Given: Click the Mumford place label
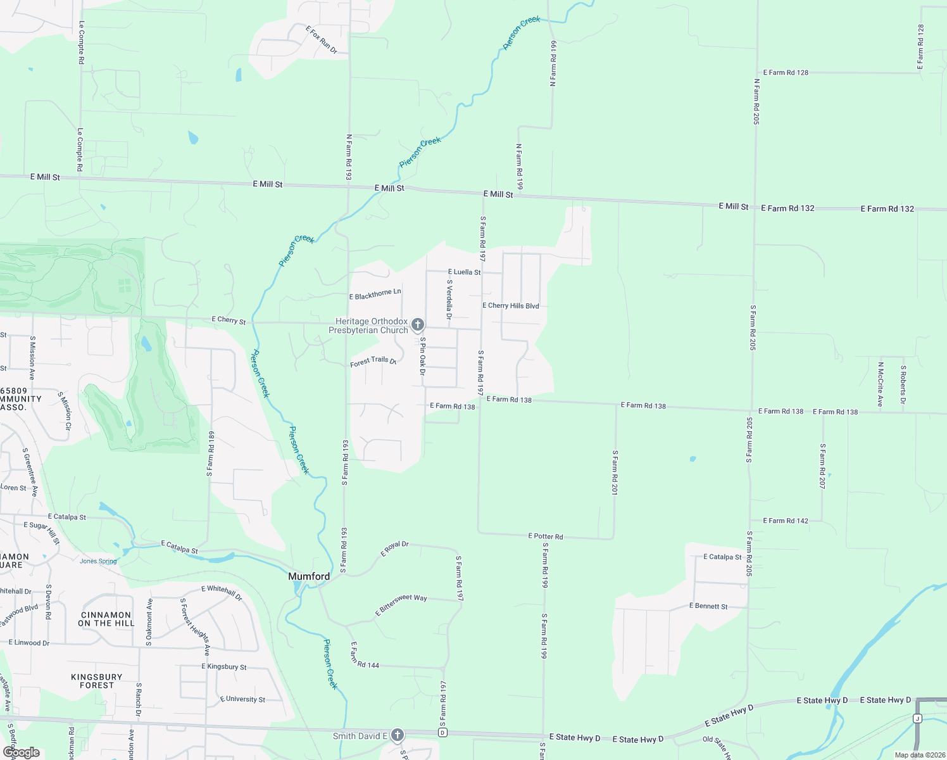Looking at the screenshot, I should pyautogui.click(x=309, y=576).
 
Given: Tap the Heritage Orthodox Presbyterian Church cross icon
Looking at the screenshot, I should pyautogui.click(x=417, y=325).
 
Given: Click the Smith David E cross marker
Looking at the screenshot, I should pyautogui.click(x=397, y=735).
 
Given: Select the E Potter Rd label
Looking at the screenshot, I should pyautogui.click(x=546, y=536).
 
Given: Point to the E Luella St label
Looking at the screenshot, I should pyautogui.click(x=464, y=272).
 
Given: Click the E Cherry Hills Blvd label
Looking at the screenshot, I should pyautogui.click(x=510, y=306).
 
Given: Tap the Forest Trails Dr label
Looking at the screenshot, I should pyautogui.click(x=373, y=362).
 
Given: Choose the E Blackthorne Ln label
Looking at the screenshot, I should pyautogui.click(x=375, y=294).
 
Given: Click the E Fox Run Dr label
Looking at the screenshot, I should pyautogui.click(x=322, y=40).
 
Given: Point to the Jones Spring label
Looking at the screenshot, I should pyautogui.click(x=98, y=561).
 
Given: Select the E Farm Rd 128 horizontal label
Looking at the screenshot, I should pyautogui.click(x=786, y=73).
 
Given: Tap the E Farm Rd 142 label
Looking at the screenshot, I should pyautogui.click(x=786, y=521).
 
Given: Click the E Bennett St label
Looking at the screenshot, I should pyautogui.click(x=708, y=606).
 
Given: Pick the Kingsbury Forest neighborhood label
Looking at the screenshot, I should pyautogui.click(x=97, y=681).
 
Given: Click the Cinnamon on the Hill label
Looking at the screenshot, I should pyautogui.click(x=106, y=619).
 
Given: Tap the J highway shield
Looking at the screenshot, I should pyautogui.click(x=917, y=718).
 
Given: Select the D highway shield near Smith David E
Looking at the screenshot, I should pyautogui.click(x=442, y=733).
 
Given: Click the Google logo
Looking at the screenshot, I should pyautogui.click(x=22, y=752).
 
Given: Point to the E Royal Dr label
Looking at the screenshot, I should pyautogui.click(x=394, y=548).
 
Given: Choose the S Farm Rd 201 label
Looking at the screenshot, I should pyautogui.click(x=615, y=472).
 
